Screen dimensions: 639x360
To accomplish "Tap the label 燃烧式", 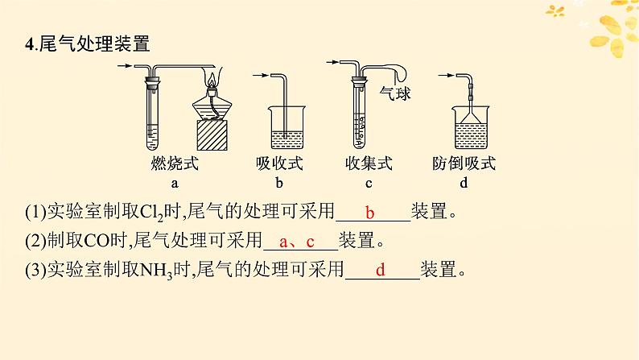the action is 174,165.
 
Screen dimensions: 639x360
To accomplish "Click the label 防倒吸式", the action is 464,165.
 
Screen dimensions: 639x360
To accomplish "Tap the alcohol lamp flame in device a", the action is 212,81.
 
